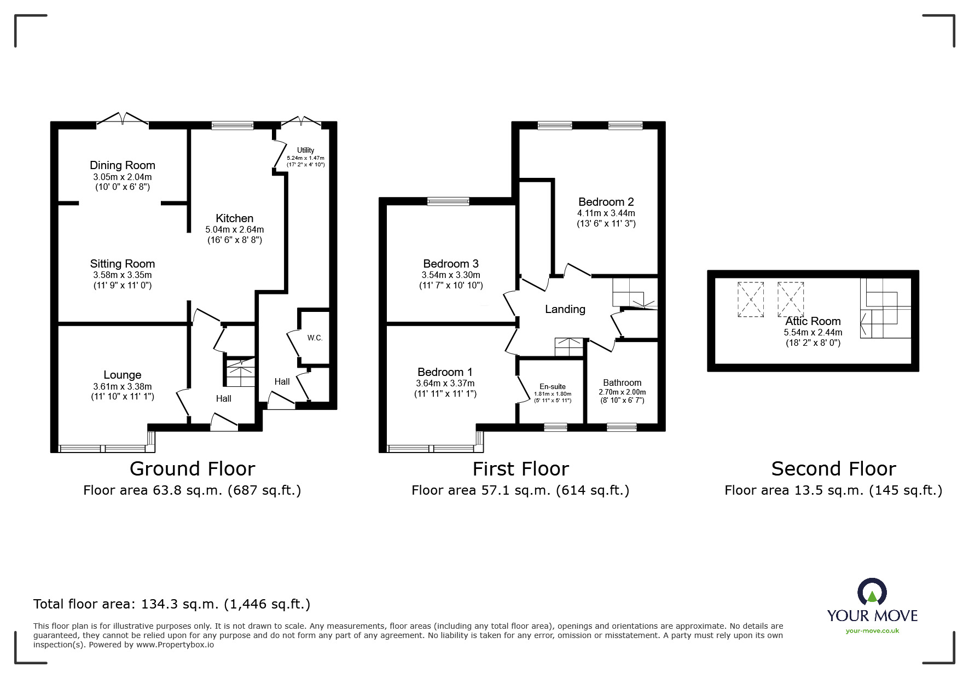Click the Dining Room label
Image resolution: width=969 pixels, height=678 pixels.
(x=123, y=165)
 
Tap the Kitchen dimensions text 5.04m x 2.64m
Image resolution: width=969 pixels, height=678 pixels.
(x=234, y=229)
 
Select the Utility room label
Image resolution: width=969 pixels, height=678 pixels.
(x=306, y=150)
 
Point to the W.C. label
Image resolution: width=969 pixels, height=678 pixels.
(x=315, y=338)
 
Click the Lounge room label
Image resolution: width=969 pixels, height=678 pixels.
(x=123, y=375)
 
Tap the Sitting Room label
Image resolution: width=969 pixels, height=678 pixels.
(x=123, y=264)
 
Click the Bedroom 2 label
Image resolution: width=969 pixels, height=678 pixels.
(x=606, y=202)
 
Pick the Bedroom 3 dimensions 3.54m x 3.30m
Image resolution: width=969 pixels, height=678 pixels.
(x=450, y=275)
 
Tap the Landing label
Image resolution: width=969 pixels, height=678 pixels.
(x=565, y=309)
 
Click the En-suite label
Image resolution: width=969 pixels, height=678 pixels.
(x=553, y=386)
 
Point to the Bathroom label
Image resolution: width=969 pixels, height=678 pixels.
(x=622, y=383)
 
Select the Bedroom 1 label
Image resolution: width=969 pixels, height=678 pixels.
(x=445, y=372)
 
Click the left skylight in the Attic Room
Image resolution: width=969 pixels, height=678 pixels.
(x=751, y=299)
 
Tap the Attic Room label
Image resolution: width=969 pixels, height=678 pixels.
(x=813, y=321)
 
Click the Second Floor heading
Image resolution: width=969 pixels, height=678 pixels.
(x=833, y=469)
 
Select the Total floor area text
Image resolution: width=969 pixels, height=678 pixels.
(x=172, y=604)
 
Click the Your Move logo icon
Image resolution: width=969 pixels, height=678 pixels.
(x=872, y=593)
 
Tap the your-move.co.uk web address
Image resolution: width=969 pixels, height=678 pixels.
(x=872, y=631)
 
